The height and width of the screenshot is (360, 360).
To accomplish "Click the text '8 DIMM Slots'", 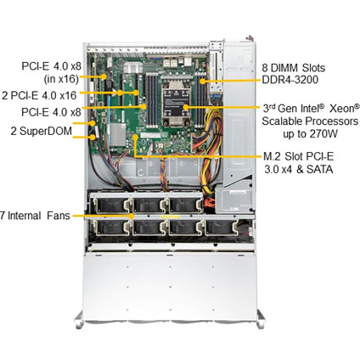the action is click(294, 68).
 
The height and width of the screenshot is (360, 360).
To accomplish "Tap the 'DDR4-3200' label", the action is click(290, 80).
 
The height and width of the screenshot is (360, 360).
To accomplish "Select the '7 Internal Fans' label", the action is click(35, 216).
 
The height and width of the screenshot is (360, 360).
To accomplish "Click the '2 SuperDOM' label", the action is click(42, 132).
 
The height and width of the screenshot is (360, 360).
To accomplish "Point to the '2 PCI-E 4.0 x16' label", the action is click(39, 96).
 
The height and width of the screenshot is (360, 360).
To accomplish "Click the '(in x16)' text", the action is click(61, 79).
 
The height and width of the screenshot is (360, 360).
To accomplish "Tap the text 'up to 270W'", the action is click(310, 133).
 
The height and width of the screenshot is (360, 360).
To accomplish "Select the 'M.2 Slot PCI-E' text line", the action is click(299, 156).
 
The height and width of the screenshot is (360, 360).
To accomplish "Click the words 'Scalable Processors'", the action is click(310, 121).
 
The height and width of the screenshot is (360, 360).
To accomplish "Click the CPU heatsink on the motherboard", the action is click(176, 102).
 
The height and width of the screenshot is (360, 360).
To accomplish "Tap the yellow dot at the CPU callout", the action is click(186, 107).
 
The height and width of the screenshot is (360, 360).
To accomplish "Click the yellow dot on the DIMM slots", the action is click(202, 82).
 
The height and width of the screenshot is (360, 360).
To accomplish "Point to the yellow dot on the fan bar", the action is click(132, 216).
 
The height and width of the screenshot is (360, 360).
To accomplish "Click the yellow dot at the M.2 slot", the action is click(136, 138).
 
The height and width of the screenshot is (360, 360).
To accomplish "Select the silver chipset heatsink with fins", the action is click(118, 135).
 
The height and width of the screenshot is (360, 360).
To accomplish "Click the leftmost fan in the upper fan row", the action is click(111, 205).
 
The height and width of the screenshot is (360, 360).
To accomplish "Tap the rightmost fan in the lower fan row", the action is click(221, 228).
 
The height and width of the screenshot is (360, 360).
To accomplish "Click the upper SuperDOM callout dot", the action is click(93, 123).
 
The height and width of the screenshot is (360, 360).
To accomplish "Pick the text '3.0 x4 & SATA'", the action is click(299, 169).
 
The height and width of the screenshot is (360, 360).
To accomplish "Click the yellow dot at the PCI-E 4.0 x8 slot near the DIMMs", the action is click(143, 107).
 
